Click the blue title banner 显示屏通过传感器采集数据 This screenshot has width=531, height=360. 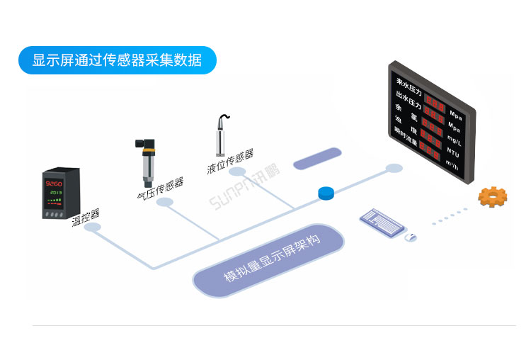click(x=117, y=60)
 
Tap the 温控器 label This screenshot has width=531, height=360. click(x=86, y=217)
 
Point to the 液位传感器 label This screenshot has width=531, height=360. click(x=230, y=162)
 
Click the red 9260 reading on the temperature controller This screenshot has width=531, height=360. click(x=55, y=184)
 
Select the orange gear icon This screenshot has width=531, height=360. click(x=490, y=196)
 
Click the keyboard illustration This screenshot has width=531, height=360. click(x=382, y=222)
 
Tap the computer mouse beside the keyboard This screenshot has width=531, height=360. click(x=411, y=238)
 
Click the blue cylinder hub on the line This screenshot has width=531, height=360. click(x=326, y=192)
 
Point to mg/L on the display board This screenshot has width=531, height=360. click(x=454, y=140)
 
